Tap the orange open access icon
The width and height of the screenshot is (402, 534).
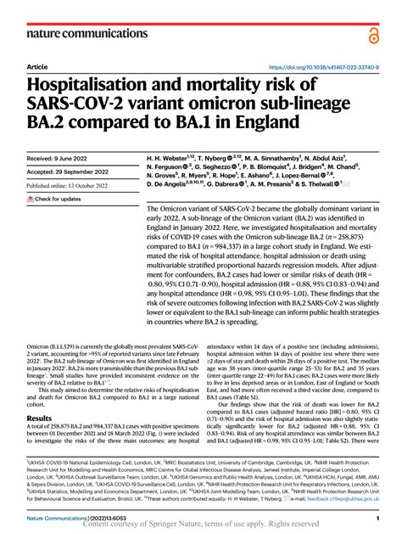(374, 31)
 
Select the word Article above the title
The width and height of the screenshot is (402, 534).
(36, 66)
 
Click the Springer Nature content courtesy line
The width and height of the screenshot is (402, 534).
(200, 526)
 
